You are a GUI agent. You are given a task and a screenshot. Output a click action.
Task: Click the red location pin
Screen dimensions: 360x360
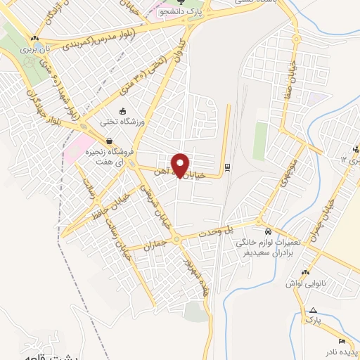(x=181, y=166)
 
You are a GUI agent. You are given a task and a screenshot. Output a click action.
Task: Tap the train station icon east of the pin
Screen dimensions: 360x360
(x=227, y=167)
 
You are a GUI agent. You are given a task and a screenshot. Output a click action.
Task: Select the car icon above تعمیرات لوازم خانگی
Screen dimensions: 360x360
(x=267, y=231)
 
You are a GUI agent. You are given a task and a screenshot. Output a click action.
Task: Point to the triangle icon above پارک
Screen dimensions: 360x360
(x=313, y=310)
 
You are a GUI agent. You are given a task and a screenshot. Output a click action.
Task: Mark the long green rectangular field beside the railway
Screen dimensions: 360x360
(x=261, y=140)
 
